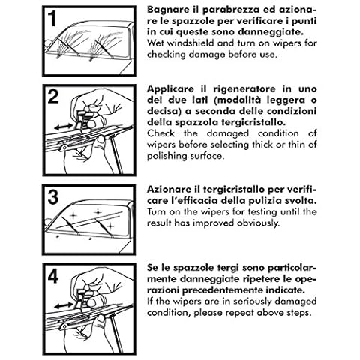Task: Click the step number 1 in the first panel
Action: pos(52,19)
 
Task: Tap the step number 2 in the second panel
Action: pos(53,97)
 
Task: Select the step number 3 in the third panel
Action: pos(53,197)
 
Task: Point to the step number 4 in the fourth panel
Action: pos(53,276)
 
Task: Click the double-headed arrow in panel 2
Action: pos(64,127)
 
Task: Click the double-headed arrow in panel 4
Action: pos(64,305)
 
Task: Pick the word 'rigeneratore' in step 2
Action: pos(244,89)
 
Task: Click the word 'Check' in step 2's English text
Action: pos(160,133)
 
